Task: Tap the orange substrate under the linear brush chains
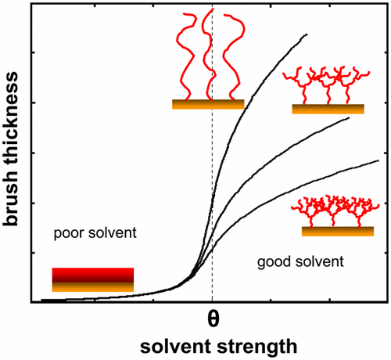(x=208, y=104)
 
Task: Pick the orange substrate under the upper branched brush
(x=328, y=109)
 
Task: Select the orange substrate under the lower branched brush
(x=337, y=232)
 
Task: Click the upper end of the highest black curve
(x=307, y=34)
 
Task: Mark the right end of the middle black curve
(x=349, y=118)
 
